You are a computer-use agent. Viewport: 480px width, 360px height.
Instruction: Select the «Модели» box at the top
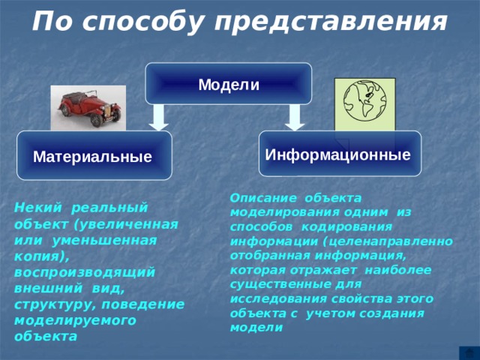(229, 84)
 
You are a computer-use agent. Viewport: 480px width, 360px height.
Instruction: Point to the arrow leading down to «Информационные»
(296, 117)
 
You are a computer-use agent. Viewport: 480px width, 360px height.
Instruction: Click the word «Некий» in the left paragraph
(34, 207)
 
